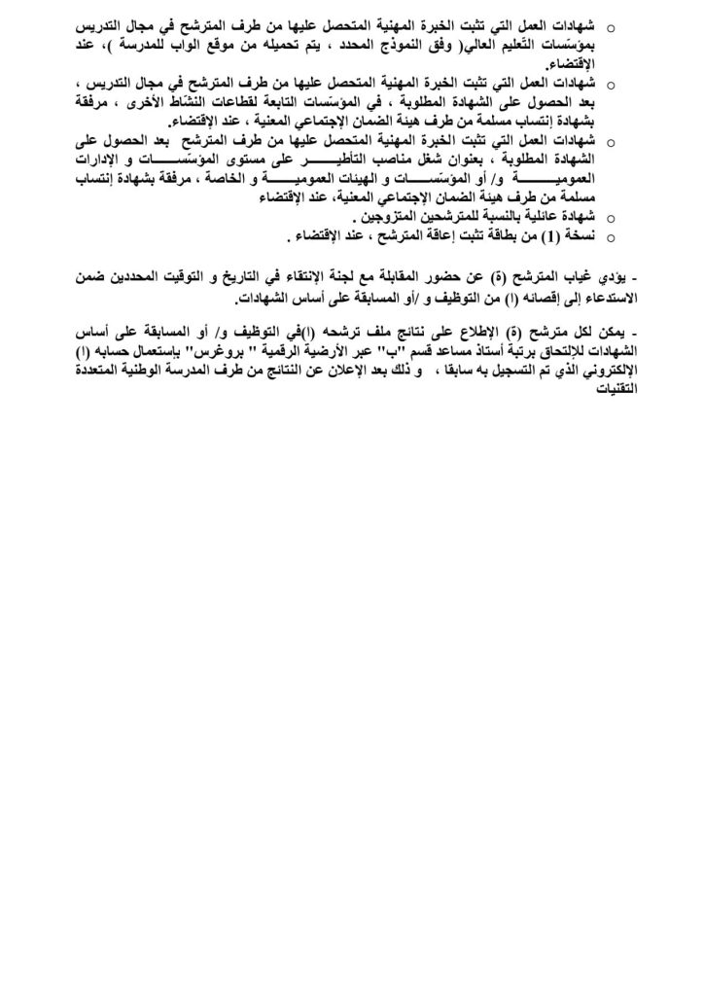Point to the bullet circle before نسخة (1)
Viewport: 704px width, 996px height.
612,237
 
